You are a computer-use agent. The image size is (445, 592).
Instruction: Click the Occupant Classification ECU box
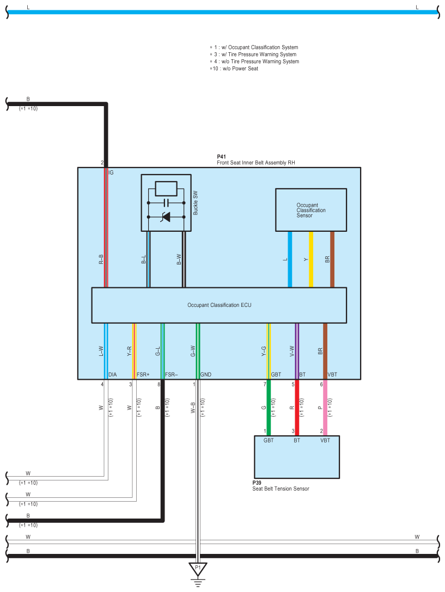pyautogui.click(x=219, y=305)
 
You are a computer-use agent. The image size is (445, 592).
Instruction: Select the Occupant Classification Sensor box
pyautogui.click(x=311, y=210)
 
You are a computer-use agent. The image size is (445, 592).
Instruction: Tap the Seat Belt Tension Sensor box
pyautogui.click(x=296, y=457)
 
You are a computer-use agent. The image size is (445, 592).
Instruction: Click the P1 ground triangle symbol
pyautogui.click(x=198, y=569)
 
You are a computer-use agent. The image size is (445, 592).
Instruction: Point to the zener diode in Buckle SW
pyautogui.click(x=166, y=217)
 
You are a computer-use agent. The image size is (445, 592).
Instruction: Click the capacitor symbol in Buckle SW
pyautogui.click(x=166, y=202)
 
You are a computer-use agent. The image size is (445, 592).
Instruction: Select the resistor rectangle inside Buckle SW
pyautogui.click(x=166, y=188)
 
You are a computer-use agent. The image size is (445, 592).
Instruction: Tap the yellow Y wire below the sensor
pyautogui.click(x=311, y=259)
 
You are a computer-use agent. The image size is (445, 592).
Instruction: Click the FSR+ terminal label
pyautogui.click(x=143, y=375)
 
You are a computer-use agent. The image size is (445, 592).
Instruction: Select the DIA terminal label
pyautogui.click(x=112, y=375)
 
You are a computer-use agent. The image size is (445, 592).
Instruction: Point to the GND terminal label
pyautogui.click(x=206, y=375)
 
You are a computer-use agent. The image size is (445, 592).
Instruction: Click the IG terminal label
pyautogui.click(x=111, y=172)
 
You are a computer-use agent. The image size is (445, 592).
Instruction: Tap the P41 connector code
pyautogui.click(x=221, y=157)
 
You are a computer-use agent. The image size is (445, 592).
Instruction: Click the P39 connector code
pyautogui.click(x=257, y=483)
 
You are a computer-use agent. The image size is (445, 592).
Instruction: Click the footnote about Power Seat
pyautogui.click(x=234, y=69)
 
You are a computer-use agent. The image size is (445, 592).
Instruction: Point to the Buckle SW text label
pyautogui.click(x=195, y=202)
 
